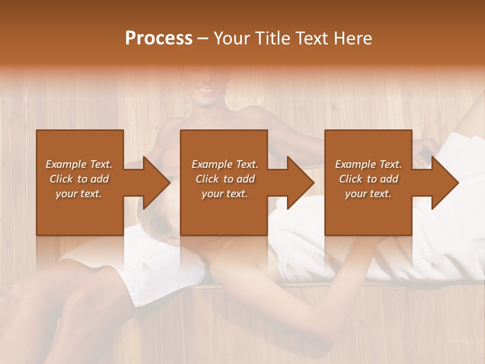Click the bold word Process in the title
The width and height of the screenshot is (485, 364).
coord(159,38)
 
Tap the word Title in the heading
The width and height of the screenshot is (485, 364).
coord(271,38)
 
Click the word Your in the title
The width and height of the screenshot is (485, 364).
coord(233,38)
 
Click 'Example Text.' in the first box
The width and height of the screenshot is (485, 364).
coord(79,164)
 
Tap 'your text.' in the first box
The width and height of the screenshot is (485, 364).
coord(79,194)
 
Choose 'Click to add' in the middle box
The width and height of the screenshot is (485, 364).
coord(225,179)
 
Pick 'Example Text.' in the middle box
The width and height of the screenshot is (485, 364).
coord(225,164)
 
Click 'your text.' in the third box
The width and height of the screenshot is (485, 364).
coord(368,194)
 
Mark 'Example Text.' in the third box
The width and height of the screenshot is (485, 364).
coord(368,164)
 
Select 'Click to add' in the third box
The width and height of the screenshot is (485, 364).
coord(368,179)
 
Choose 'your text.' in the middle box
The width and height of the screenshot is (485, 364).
coord(225,194)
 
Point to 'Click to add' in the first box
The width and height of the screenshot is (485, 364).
coord(79,179)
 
